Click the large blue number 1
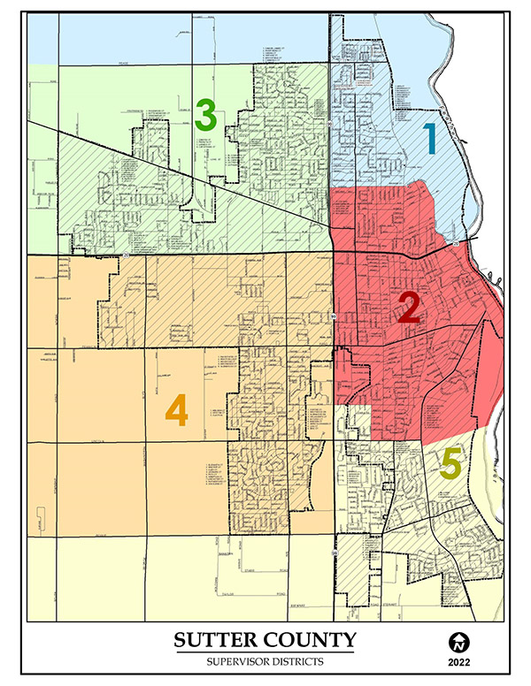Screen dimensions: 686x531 click(429, 140)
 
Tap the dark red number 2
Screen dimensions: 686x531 click(409, 307)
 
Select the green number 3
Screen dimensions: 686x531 click(206, 114)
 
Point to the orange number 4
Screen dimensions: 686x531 click(177, 410)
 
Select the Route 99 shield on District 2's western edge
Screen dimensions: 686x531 click(334, 316)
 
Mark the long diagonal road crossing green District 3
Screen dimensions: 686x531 click(177, 172)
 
